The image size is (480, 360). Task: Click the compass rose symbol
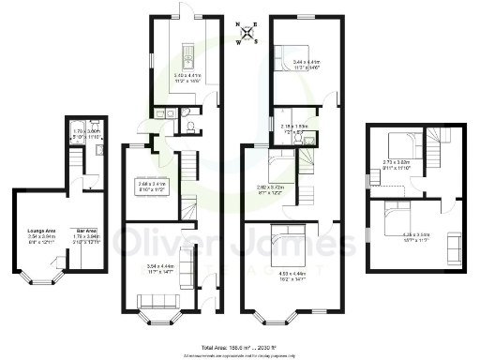pyautogui.click(x=246, y=34)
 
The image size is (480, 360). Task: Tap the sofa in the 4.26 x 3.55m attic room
pyautogui.click(x=442, y=249)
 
